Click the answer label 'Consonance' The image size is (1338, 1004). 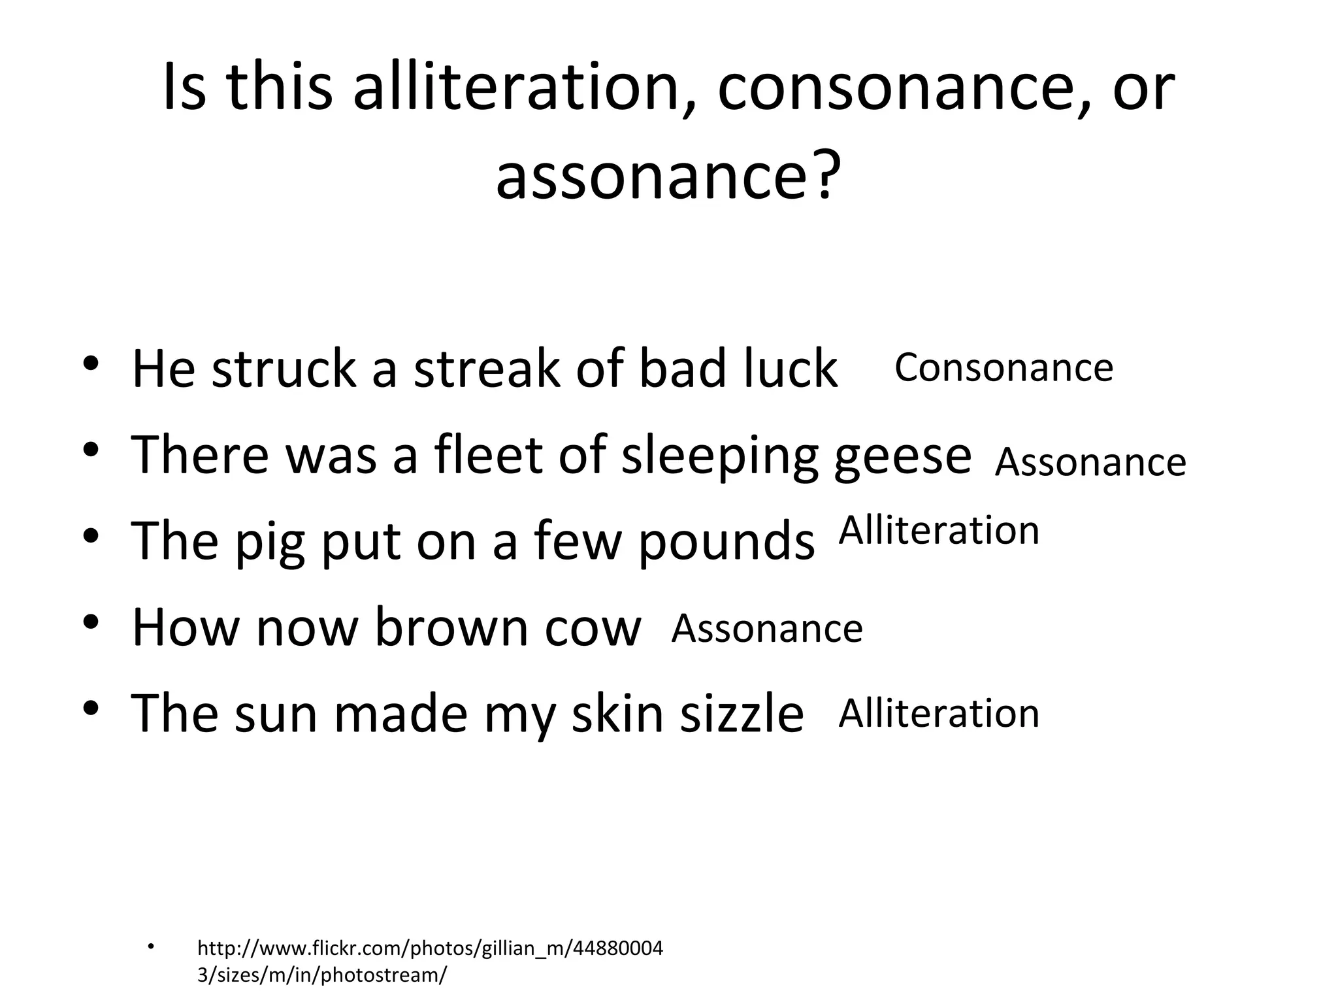click(x=1003, y=367)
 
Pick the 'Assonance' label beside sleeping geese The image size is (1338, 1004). click(x=1090, y=462)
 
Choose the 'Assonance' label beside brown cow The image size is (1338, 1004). click(x=767, y=629)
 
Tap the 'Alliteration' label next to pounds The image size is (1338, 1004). click(x=938, y=530)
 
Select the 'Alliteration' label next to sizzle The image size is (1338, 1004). click(x=938, y=713)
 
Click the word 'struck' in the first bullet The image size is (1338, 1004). click(x=284, y=369)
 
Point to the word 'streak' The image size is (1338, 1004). click(x=486, y=369)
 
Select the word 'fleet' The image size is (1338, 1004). click(x=487, y=456)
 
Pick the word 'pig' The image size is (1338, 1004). click(x=269, y=543)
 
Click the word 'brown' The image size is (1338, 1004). click(x=451, y=627)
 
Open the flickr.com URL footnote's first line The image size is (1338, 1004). click(x=430, y=948)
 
